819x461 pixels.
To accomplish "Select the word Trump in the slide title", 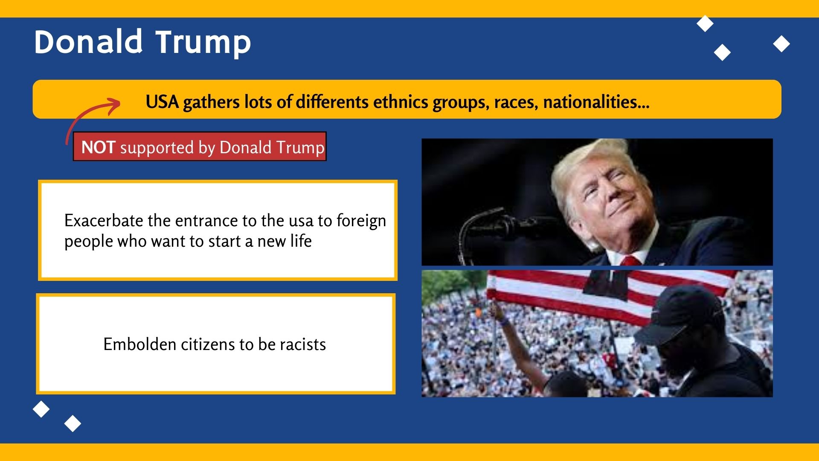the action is coord(203,44).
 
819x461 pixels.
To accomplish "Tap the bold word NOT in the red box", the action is coord(98,147).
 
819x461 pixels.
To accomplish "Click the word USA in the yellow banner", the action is coord(162,102).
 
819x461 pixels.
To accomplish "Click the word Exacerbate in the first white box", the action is coord(104,221).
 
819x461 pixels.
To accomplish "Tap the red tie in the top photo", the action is coord(631,260).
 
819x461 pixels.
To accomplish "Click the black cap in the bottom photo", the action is coord(678,314).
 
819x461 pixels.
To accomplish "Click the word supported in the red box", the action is coord(157,148).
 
